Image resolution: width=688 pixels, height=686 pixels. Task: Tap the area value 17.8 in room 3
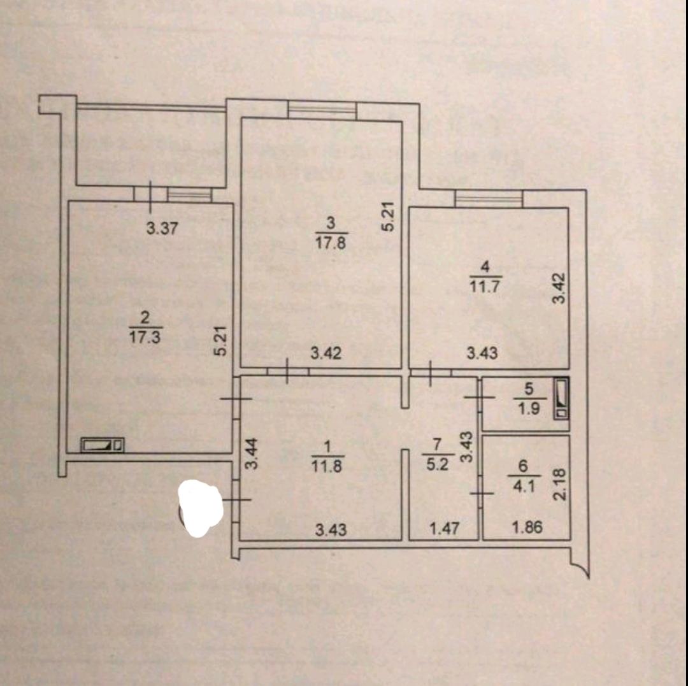click(330, 243)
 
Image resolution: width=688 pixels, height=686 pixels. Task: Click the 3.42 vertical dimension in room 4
click(559, 288)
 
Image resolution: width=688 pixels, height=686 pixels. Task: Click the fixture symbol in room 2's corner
click(102, 445)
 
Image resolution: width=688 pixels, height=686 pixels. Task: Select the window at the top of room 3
click(322, 111)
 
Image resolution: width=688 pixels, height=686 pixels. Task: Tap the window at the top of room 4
click(489, 200)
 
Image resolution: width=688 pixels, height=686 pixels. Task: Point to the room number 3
click(330, 223)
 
